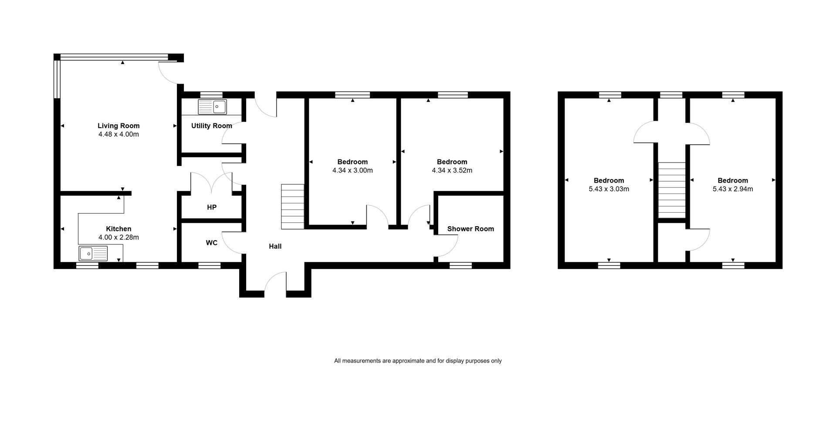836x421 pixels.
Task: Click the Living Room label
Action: [118, 126]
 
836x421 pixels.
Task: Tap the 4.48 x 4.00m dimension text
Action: [118, 134]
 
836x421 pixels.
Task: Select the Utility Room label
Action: [212, 126]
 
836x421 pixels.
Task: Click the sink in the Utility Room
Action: [212, 107]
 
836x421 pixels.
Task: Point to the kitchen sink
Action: [93, 253]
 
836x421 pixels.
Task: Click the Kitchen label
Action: [118, 229]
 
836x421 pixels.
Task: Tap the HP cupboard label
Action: [212, 207]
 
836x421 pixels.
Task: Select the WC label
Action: [212, 243]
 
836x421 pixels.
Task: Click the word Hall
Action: [275, 246]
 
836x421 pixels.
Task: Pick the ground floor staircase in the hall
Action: [292, 207]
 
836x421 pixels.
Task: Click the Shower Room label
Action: [470, 229]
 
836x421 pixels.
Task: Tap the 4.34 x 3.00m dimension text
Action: [352, 170]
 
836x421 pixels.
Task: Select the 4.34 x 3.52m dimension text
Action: [452, 170]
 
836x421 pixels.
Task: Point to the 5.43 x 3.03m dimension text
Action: [609, 189]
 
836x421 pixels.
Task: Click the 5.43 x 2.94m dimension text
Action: [733, 189]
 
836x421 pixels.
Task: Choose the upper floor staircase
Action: [671, 190]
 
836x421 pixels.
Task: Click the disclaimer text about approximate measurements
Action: [418, 361]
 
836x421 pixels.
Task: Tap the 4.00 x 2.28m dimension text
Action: [118, 238]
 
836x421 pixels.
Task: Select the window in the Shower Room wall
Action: [461, 265]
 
